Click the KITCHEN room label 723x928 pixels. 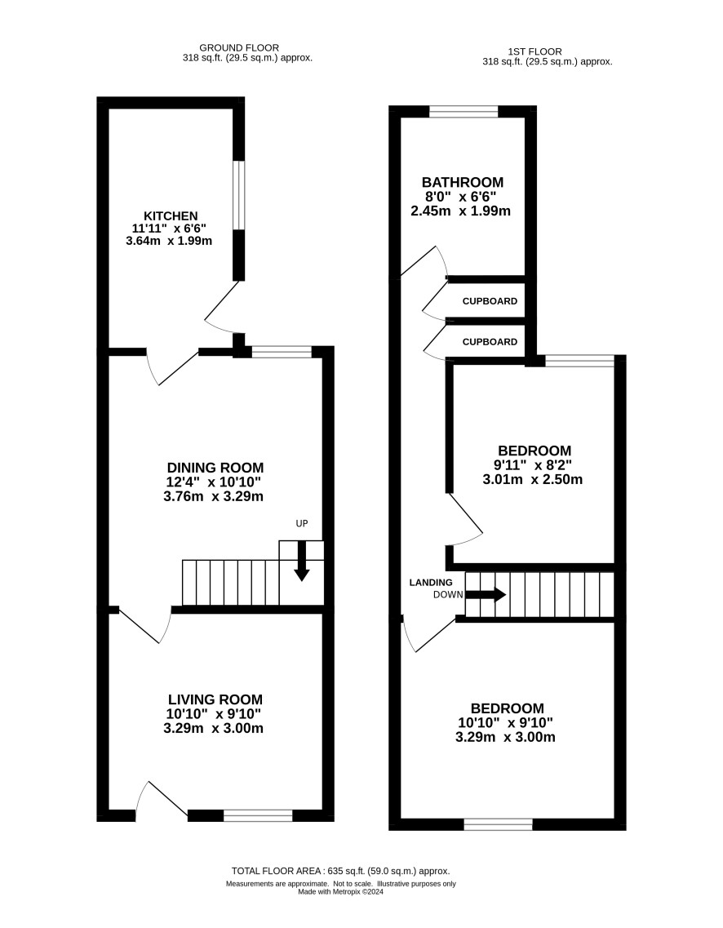point(171,216)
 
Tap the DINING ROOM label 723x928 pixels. point(215,468)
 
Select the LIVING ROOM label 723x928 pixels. point(215,699)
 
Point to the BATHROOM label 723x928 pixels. point(462,182)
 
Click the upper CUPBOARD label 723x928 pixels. point(490,301)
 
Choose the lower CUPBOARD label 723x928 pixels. point(490,342)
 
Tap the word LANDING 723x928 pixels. point(431,583)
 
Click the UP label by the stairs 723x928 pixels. point(302,523)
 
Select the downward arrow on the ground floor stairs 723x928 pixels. point(302,561)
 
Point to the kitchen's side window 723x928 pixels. point(238,195)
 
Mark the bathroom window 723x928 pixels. point(464,111)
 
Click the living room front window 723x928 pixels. point(258,815)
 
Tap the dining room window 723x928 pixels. point(282,352)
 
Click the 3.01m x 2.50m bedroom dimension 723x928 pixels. point(533,479)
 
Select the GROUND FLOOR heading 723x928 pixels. point(239,48)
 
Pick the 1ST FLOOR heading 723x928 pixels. point(534,51)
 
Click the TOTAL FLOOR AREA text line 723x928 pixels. point(341,871)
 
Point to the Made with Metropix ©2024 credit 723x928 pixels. point(341,892)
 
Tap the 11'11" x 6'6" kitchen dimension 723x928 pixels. point(169,228)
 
